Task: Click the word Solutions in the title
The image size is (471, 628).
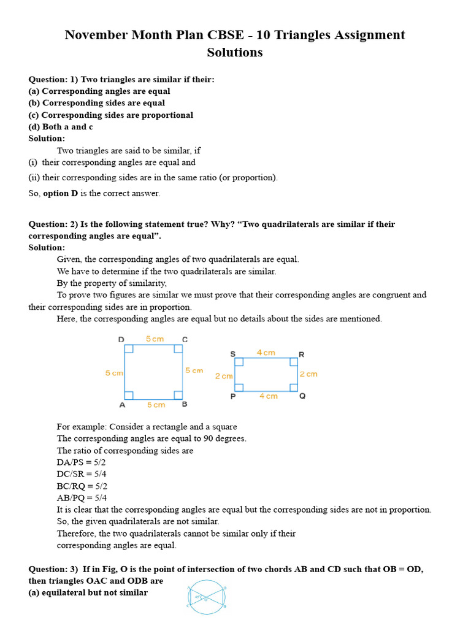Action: click(235, 53)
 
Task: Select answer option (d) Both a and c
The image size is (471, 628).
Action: click(61, 127)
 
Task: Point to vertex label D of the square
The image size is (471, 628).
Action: click(121, 340)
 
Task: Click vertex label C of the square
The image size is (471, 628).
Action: click(185, 340)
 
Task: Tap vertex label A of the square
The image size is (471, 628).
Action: click(122, 405)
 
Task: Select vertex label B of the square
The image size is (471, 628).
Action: click(185, 405)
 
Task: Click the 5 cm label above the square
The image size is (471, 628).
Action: click(155, 339)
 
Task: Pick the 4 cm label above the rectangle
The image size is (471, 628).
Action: click(266, 353)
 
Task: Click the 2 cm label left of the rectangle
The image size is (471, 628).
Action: click(224, 376)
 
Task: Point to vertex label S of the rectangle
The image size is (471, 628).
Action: click(232, 354)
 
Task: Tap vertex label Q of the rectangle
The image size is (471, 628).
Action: click(302, 396)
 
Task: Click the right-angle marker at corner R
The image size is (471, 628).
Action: click(294, 362)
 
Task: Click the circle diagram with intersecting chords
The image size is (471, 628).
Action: click(207, 597)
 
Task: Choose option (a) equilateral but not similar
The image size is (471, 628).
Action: click(88, 592)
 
